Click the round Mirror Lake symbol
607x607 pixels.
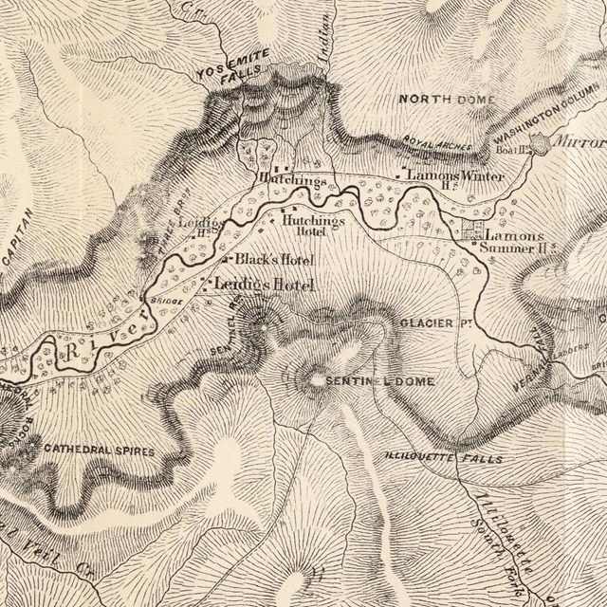542,144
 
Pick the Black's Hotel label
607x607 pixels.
274,259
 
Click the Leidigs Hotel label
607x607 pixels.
263,284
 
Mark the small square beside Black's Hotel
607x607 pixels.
227,258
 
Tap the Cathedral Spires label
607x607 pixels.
99,451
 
